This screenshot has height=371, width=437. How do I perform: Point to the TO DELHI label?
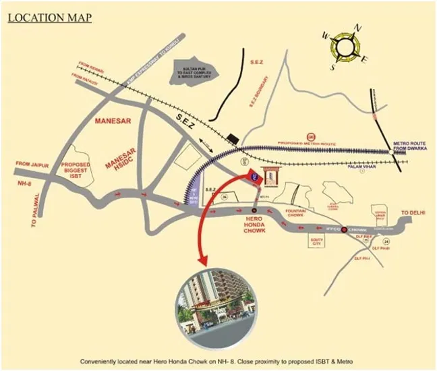click(x=414, y=213)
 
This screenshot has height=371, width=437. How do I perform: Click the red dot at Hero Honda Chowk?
click(x=255, y=211)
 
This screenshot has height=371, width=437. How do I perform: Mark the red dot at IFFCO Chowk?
click(x=345, y=229)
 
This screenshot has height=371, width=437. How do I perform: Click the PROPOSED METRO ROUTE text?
click(x=316, y=144)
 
